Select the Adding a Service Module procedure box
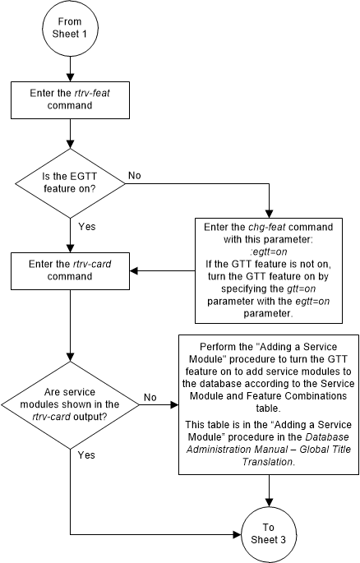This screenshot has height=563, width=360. [270, 404]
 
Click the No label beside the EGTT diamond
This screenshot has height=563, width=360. [135, 175]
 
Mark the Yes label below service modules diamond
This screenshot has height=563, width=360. [85, 453]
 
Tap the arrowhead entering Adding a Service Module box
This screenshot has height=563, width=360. [175, 404]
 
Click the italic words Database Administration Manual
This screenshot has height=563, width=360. [246, 447]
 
